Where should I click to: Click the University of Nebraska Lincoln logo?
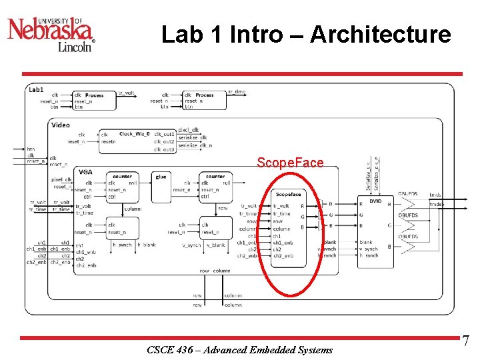(51, 33)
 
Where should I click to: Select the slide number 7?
(465, 341)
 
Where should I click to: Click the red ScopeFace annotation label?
(290, 163)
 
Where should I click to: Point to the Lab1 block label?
(36, 89)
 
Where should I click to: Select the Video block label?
(60, 125)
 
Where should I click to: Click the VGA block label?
(85, 171)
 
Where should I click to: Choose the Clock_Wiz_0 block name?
(135, 134)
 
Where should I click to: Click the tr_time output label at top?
(237, 92)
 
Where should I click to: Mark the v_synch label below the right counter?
(191, 245)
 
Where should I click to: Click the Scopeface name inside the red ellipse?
(289, 194)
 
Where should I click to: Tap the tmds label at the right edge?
(435, 195)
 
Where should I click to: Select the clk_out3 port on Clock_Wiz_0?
(164, 149)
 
